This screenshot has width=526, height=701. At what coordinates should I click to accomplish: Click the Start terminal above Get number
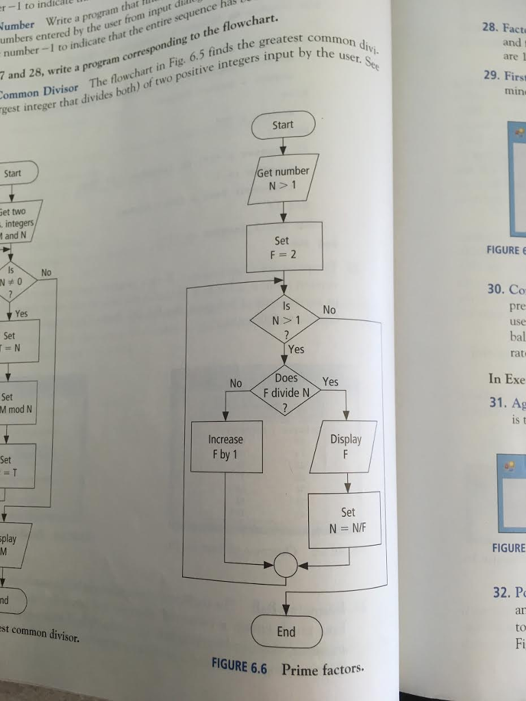click(x=283, y=125)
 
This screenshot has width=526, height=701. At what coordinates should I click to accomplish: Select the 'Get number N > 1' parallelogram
click(x=282, y=178)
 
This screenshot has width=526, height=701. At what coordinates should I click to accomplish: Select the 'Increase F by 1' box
click(x=226, y=446)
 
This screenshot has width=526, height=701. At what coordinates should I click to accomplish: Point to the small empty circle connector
click(x=286, y=565)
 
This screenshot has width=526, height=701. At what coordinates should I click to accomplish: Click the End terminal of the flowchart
click(x=286, y=632)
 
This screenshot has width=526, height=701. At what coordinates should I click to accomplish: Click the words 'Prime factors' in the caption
click(x=323, y=670)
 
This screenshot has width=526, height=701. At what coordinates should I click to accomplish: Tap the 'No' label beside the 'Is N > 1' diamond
click(x=329, y=310)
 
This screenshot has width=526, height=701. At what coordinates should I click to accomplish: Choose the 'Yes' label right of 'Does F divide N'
click(x=330, y=382)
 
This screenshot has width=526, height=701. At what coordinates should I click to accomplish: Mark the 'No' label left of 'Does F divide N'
click(x=236, y=383)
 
